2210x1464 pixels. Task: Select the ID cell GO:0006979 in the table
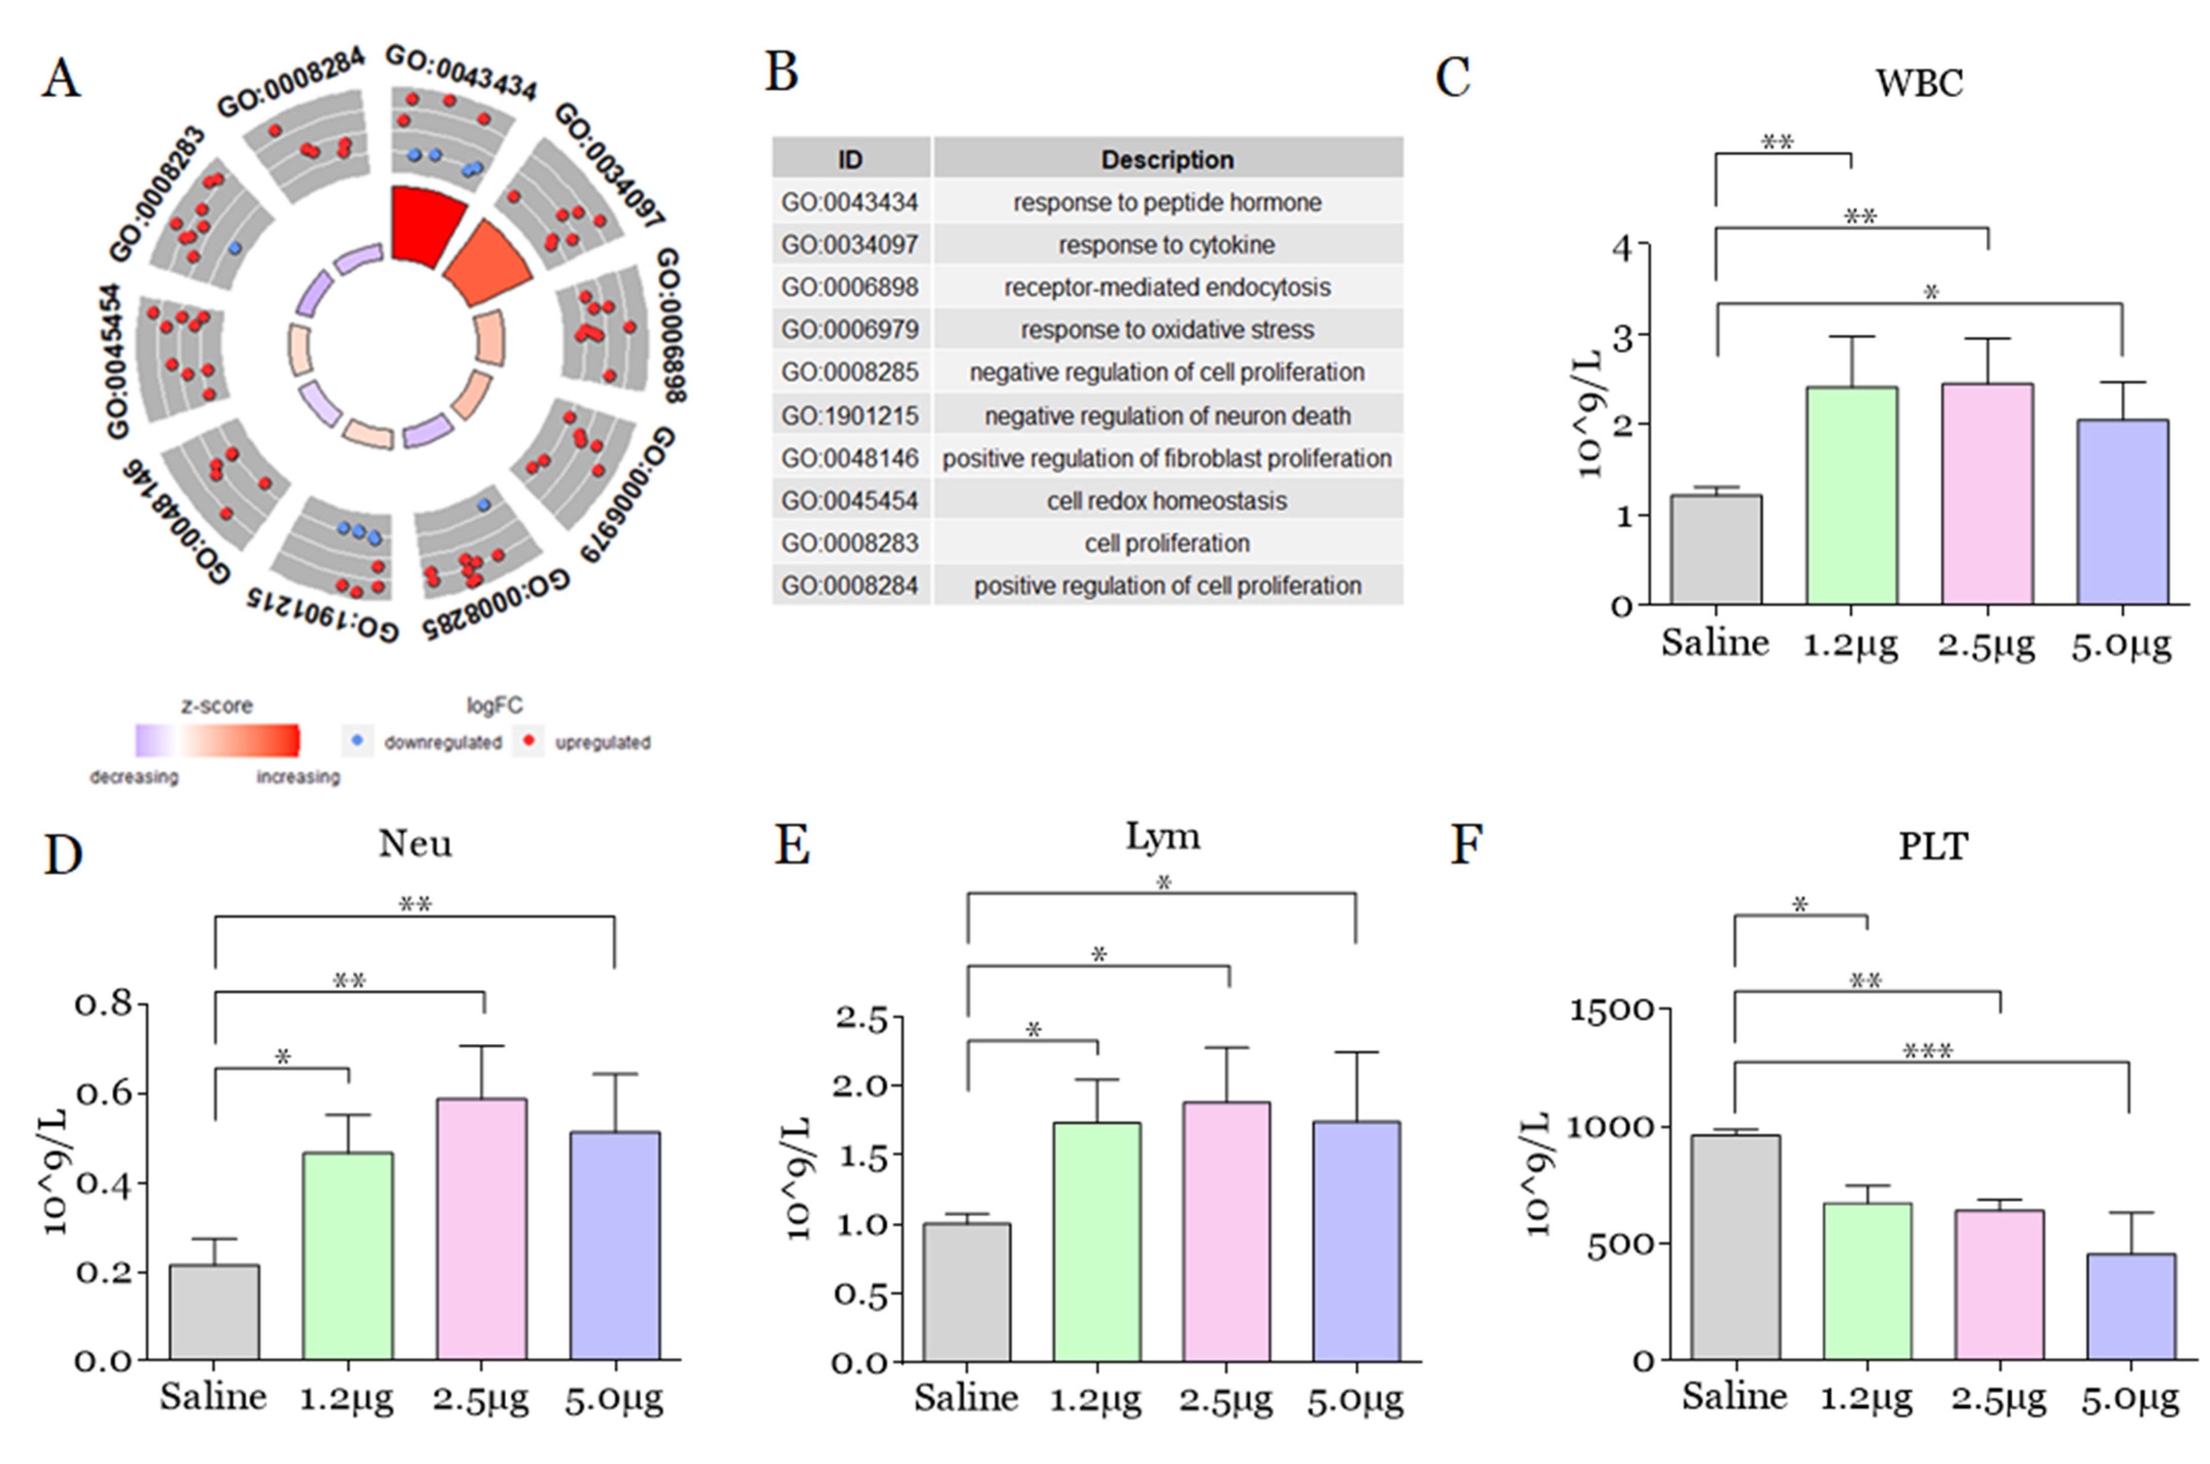[850, 330]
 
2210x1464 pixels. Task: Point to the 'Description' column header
[1167, 160]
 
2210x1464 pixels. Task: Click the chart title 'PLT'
[1933, 847]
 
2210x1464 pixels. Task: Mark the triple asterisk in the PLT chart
[1928, 1052]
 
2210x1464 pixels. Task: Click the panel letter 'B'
[782, 74]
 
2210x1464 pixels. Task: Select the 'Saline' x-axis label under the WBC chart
[1714, 643]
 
